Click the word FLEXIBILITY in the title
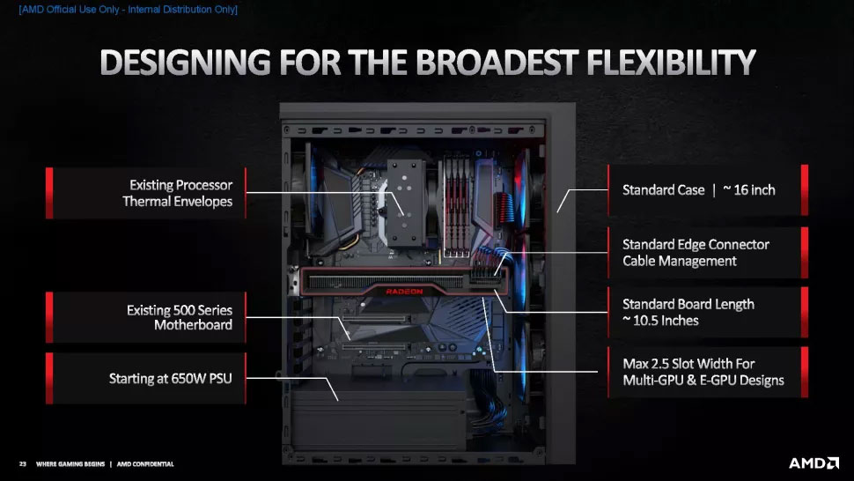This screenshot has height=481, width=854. click(671, 62)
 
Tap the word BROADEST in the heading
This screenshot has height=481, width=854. click(496, 62)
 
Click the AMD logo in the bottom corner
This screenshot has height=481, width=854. click(814, 463)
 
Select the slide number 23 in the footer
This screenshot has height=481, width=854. click(22, 464)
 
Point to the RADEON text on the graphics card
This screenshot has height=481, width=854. click(404, 292)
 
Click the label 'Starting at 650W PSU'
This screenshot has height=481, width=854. click(171, 378)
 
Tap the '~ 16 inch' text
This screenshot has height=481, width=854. click(749, 189)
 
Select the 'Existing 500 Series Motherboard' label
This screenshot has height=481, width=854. click(180, 317)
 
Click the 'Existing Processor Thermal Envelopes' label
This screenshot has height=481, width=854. click(178, 193)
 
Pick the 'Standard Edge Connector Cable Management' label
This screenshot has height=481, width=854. click(696, 252)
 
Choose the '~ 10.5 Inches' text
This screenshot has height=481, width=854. click(660, 321)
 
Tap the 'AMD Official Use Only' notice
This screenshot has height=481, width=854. click(128, 10)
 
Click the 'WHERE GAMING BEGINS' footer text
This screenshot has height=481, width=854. click(70, 464)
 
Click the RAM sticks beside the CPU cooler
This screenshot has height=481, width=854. click(456, 207)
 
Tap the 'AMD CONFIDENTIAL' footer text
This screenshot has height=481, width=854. click(145, 464)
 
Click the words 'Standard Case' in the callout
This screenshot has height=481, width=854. click(663, 189)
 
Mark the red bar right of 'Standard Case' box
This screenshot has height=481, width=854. click(805, 189)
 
